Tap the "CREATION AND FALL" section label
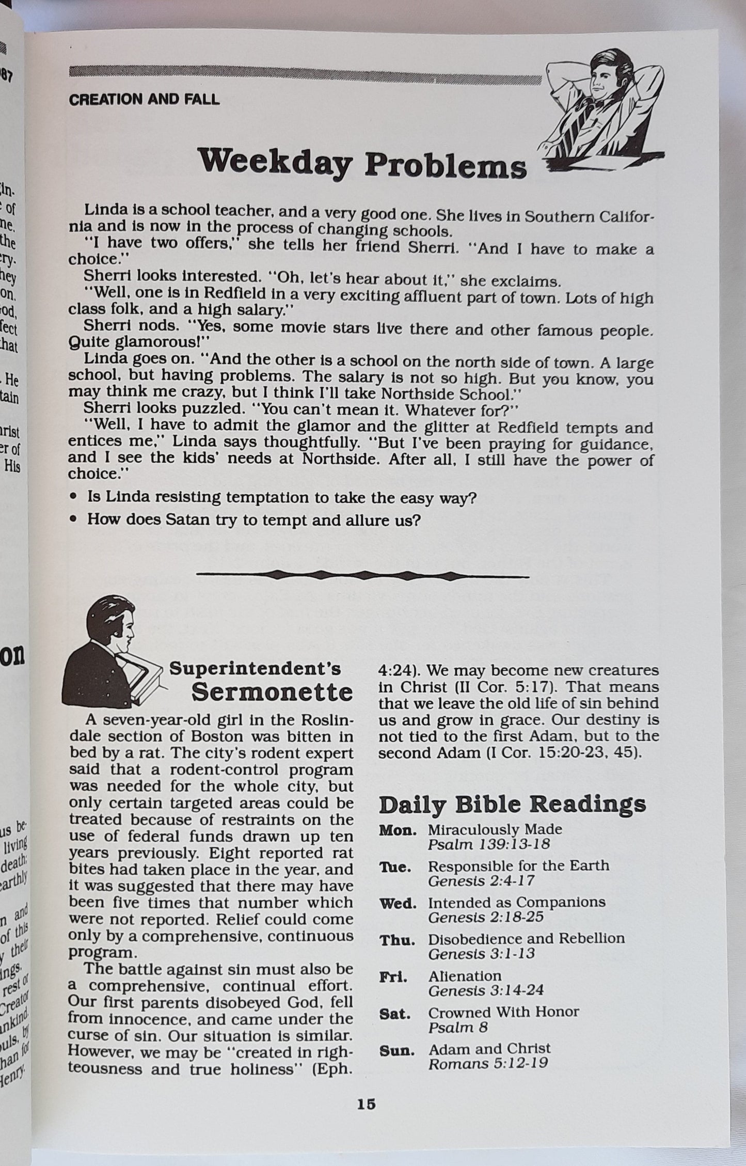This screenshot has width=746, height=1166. [144, 100]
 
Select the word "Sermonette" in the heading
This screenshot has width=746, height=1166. [272, 692]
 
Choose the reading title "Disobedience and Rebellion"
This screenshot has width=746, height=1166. [526, 938]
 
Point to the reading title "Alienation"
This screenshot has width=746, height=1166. [465, 975]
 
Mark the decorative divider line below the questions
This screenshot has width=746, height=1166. [362, 575]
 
